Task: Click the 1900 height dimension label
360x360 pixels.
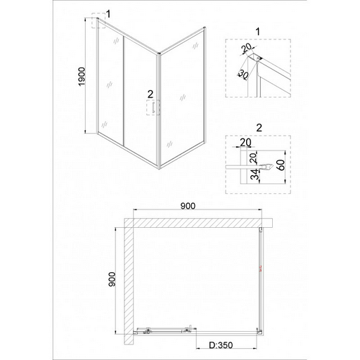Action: pos(82,77)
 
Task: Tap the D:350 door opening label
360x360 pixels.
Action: pos(221,345)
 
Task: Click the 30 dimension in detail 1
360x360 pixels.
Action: pos(243,75)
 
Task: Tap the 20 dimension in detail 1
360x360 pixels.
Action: pos(246,48)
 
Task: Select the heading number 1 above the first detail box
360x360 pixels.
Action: pos(258,32)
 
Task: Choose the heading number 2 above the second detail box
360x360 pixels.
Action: pos(259,128)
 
